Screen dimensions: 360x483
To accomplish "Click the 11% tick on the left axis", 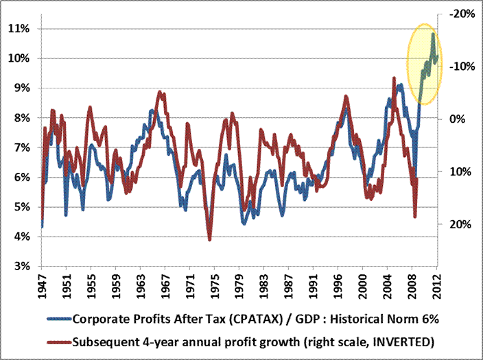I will point(20,29).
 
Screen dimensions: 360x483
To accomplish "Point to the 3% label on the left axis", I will point(20,267).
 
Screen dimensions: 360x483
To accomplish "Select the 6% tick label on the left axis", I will point(20,178).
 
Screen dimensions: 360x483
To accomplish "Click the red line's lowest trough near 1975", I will point(209,240).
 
